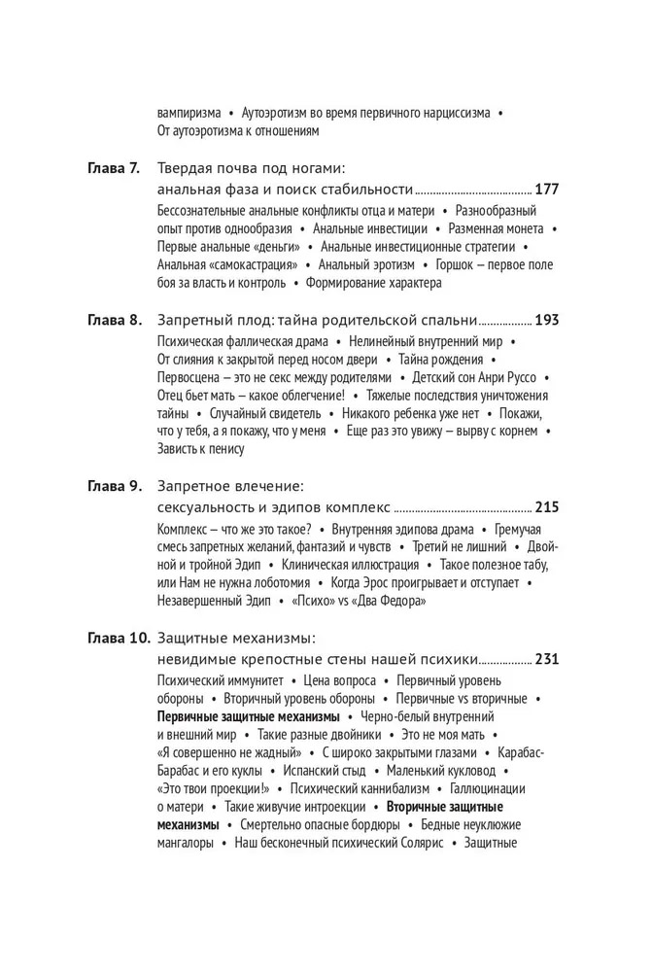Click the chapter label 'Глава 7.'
click(x=114, y=167)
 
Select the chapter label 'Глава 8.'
click(x=114, y=319)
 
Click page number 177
click(x=547, y=189)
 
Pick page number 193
click(x=547, y=319)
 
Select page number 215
click(x=547, y=507)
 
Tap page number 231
click(x=547, y=660)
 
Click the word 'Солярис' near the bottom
click(x=420, y=844)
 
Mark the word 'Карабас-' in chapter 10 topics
click(x=522, y=752)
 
